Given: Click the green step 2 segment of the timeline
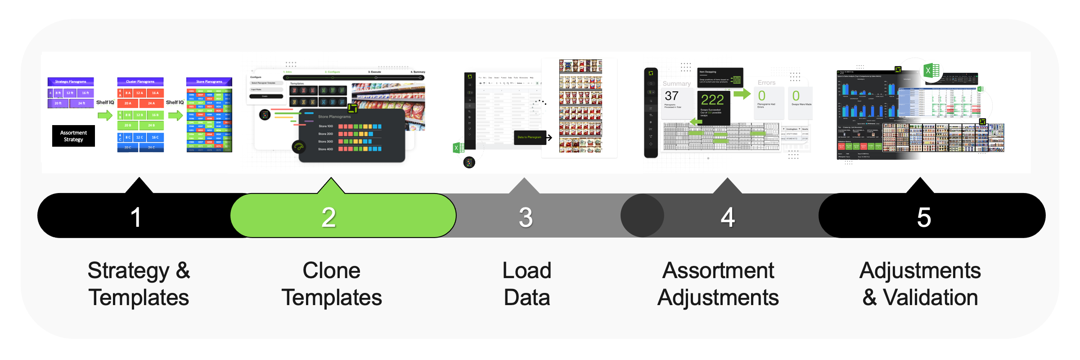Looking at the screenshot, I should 342,216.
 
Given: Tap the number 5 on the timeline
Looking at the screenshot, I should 924,217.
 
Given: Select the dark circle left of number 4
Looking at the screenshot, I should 642,216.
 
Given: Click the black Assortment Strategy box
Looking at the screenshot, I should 73,136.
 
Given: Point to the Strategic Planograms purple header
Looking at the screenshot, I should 71,81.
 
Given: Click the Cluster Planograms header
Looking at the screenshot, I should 140,81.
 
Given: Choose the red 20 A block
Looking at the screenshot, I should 128,103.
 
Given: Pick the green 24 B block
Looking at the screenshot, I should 151,126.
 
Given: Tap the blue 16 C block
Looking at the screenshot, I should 155,137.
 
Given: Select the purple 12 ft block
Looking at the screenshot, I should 70,93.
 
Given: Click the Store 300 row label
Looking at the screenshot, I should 325,141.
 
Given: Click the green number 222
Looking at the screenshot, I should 712,99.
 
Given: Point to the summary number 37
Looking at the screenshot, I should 671,96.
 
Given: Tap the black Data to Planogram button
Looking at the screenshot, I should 530,137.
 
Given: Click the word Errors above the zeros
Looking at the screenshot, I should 766,83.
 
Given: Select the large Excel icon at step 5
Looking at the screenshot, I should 931,71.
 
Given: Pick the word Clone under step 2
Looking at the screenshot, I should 331,270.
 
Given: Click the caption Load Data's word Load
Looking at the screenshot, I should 526,270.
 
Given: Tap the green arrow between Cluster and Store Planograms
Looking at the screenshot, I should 175,115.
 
